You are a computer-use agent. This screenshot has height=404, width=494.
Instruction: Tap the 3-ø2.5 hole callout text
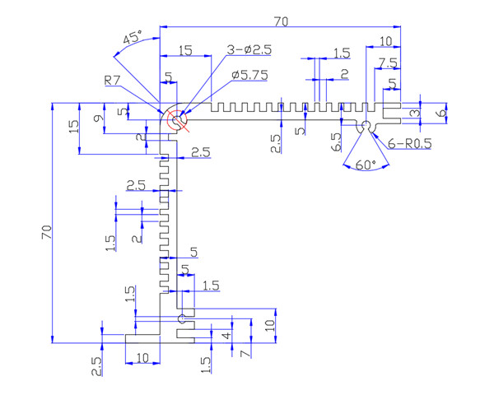248,49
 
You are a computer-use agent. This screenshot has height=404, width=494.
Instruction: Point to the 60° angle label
363,165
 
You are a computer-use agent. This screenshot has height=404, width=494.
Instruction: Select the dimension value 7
244,353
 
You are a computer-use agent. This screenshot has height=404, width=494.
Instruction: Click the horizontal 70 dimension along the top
282,23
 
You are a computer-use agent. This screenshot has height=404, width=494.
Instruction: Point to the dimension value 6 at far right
441,112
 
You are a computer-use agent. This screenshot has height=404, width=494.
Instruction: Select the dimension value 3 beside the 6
416,113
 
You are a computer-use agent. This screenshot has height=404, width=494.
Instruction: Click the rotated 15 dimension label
74,128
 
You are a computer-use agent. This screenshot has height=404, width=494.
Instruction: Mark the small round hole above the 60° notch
363,125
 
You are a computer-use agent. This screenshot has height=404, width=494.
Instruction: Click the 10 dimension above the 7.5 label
386,42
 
